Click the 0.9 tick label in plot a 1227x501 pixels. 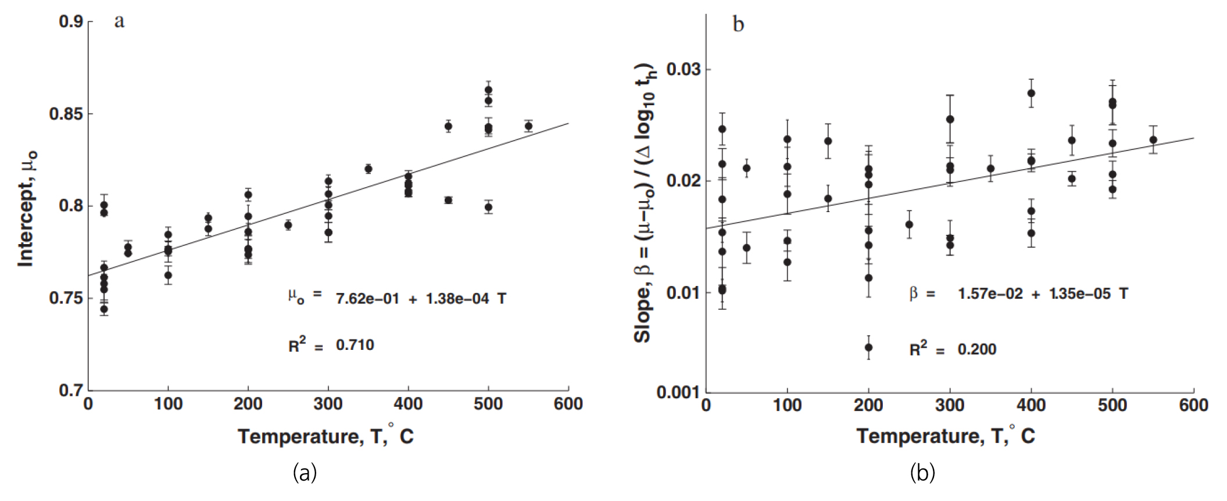click(x=71, y=22)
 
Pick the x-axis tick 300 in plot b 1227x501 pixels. click(x=950, y=405)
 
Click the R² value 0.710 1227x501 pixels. click(x=355, y=345)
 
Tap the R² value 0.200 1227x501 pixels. click(x=976, y=349)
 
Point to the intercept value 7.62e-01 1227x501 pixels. click(x=367, y=299)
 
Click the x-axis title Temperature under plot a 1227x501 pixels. click(x=325, y=436)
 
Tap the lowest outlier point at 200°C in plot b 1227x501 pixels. click(x=868, y=348)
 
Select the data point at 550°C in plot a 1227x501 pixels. click(x=528, y=126)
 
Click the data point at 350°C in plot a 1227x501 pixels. click(x=368, y=169)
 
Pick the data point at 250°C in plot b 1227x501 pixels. click(x=909, y=225)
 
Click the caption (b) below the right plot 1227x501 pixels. click(x=922, y=473)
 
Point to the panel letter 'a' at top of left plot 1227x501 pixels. click(x=119, y=22)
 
